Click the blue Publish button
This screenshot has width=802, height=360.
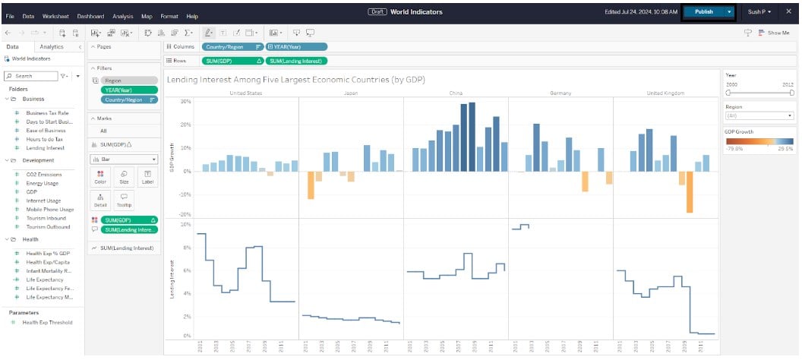click(x=703, y=12)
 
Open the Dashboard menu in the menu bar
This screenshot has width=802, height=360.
click(x=90, y=16)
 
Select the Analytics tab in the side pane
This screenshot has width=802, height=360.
click(x=52, y=47)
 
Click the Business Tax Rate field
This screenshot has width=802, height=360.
click(x=47, y=112)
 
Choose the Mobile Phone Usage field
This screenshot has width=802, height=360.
click(x=50, y=209)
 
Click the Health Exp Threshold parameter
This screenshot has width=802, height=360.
click(x=47, y=323)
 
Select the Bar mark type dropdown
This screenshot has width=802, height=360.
click(x=123, y=159)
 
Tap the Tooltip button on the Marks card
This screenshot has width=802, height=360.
click(x=124, y=200)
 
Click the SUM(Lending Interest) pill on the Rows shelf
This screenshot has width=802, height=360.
click(x=297, y=60)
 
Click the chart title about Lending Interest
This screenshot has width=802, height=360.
click(x=295, y=80)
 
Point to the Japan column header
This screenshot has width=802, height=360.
click(x=351, y=93)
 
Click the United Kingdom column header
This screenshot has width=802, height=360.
click(x=665, y=93)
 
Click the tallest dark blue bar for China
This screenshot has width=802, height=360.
click(x=472, y=137)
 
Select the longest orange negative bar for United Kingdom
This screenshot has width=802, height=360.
click(x=690, y=192)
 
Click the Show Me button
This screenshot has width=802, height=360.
click(x=773, y=33)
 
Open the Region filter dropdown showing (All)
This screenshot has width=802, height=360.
click(x=759, y=116)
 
